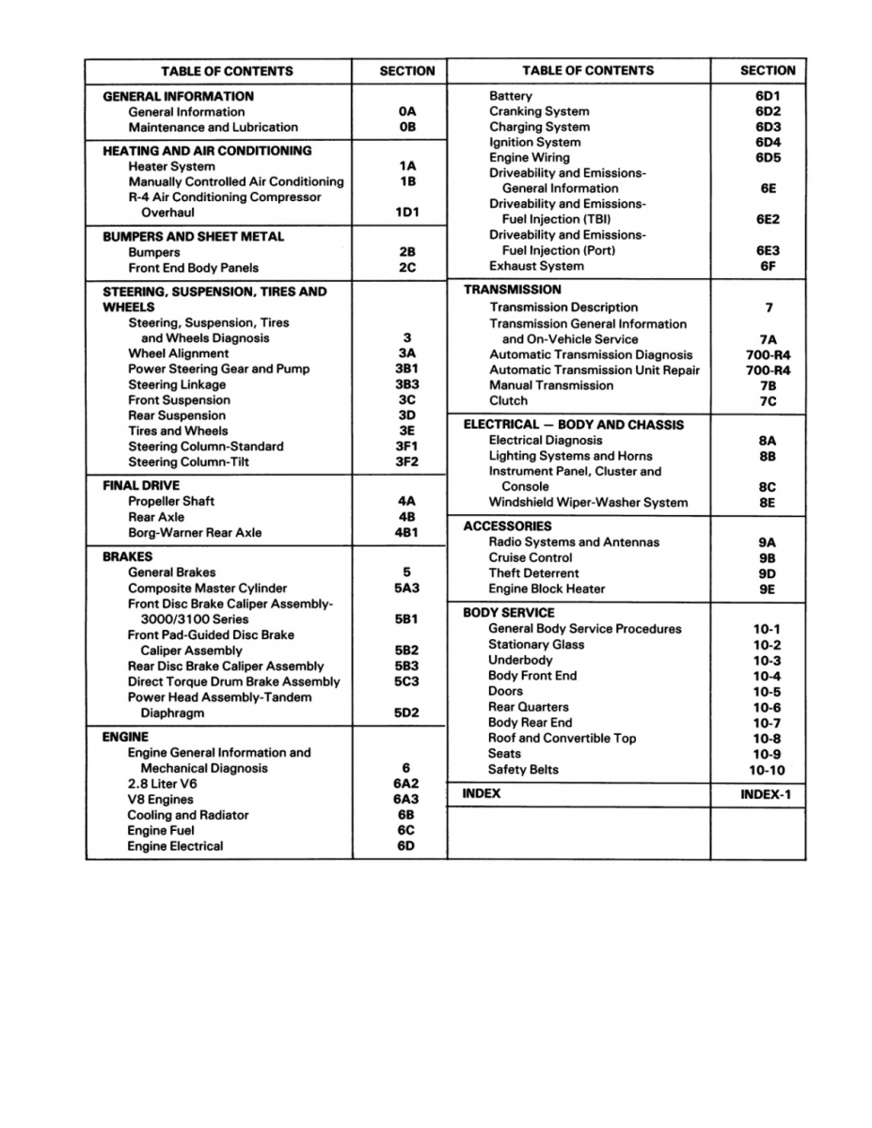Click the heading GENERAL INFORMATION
coord(178,96)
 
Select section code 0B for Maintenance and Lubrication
coord(406,127)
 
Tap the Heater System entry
coord(171,166)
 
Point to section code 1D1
coord(406,212)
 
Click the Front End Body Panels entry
coord(193,268)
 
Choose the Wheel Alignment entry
coord(178,353)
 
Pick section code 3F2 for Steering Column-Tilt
coord(406,462)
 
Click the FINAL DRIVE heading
coord(141,486)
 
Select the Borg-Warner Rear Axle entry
coord(195,532)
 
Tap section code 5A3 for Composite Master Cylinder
coord(406,588)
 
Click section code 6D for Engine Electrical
coord(406,846)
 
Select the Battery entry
coord(510,96)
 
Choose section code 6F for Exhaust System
coord(768,266)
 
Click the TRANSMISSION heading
coord(512,290)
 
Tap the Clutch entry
coord(508,400)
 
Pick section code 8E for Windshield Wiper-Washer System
coord(768,503)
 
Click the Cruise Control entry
coord(531,557)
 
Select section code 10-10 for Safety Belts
coord(768,770)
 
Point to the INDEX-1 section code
coord(766,794)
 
